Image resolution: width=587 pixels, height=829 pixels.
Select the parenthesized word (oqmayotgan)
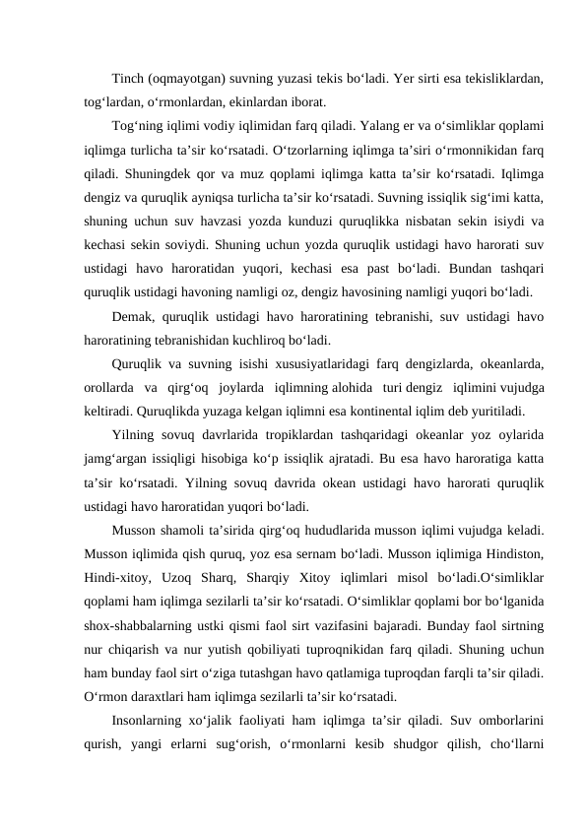[x=189, y=78]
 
